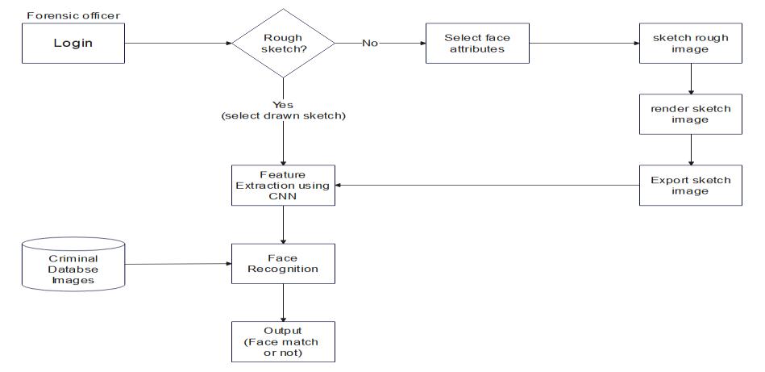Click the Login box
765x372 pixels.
(x=73, y=44)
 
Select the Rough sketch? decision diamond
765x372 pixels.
(x=283, y=43)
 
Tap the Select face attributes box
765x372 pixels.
(x=477, y=43)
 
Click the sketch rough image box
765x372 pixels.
(x=691, y=43)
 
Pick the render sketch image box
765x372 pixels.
(x=691, y=114)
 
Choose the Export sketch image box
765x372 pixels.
(x=691, y=186)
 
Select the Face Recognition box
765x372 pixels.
(x=283, y=263)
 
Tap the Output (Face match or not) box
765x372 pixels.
(x=283, y=341)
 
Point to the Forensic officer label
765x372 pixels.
(x=73, y=15)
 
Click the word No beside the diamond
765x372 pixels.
(x=370, y=43)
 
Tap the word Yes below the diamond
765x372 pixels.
(x=283, y=104)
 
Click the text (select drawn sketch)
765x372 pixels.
(x=283, y=116)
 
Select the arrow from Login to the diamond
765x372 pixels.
(x=177, y=44)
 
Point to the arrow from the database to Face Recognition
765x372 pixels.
(x=177, y=264)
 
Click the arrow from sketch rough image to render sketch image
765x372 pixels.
(x=691, y=79)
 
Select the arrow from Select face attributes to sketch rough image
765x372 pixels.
(x=584, y=43)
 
